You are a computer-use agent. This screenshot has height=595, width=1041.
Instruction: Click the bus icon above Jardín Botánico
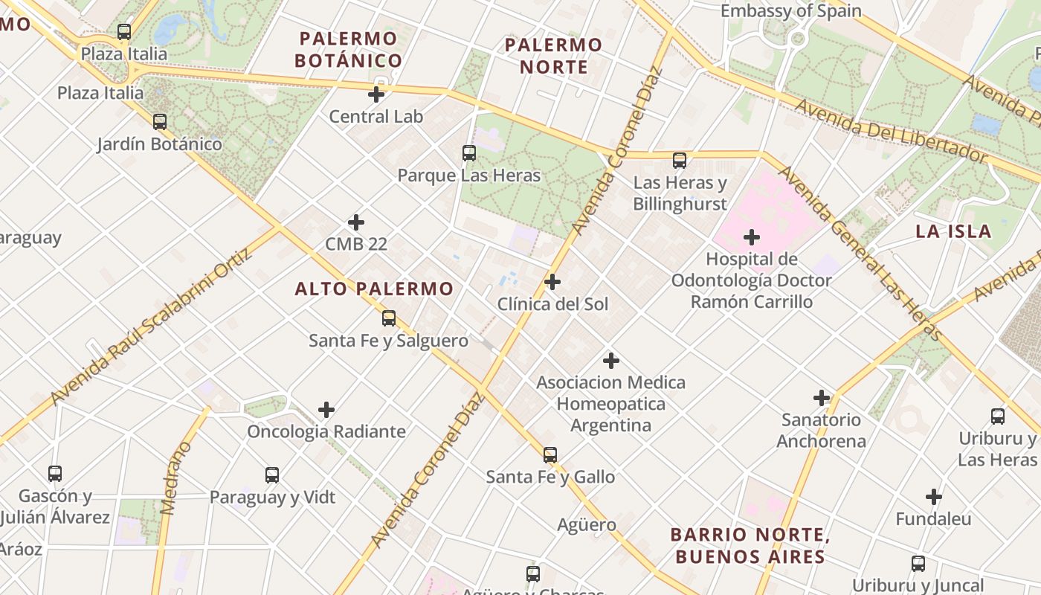coord(160,122)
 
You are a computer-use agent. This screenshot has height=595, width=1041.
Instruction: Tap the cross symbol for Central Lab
coord(376,94)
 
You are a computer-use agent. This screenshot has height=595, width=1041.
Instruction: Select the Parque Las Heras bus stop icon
coord(469,153)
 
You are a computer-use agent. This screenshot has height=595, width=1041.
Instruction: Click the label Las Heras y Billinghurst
coord(680,193)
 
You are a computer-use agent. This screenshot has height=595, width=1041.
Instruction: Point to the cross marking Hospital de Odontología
coord(752,237)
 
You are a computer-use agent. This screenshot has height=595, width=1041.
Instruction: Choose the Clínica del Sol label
coord(552,304)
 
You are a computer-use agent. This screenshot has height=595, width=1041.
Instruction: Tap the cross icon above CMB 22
coord(356,222)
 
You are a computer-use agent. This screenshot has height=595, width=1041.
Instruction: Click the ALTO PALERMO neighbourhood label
coord(374,289)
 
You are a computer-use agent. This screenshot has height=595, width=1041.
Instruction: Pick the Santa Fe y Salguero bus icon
coord(389,318)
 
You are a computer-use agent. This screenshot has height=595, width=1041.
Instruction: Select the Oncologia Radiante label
coord(326,431)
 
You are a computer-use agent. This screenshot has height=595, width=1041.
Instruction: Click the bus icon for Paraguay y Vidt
coord(272,475)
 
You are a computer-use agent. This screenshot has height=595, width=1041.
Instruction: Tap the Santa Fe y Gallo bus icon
coord(550,454)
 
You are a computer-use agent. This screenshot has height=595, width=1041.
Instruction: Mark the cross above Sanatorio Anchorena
coord(822,398)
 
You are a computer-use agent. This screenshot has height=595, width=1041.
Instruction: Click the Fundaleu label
coord(933,519)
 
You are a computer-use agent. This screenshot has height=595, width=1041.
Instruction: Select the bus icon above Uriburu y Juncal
coord(918,564)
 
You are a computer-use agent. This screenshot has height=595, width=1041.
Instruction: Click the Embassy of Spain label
coord(791,11)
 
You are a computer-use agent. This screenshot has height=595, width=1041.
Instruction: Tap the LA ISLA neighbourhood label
coord(953,231)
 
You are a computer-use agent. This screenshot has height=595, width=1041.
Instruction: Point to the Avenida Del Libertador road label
coord(890,131)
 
